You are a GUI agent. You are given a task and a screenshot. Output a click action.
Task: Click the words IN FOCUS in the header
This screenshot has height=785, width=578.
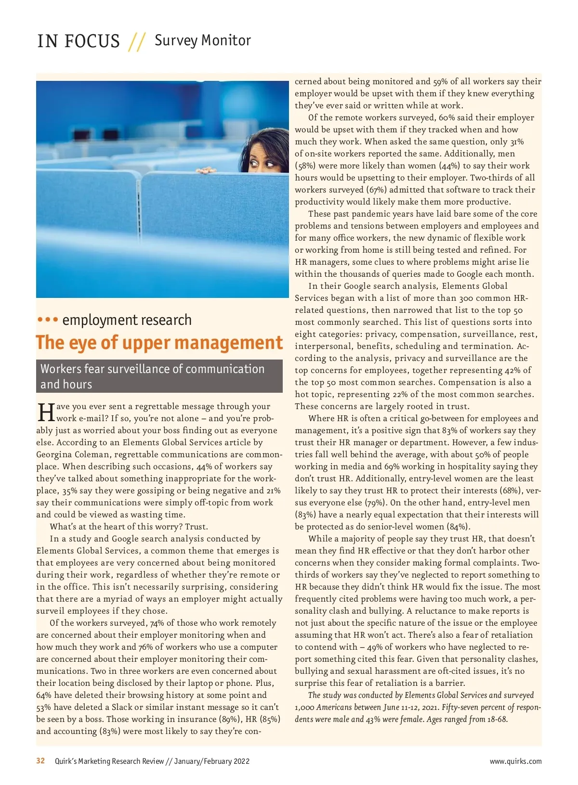click(79, 41)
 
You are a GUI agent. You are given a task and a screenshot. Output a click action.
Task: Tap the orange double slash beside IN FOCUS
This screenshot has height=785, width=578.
click(137, 42)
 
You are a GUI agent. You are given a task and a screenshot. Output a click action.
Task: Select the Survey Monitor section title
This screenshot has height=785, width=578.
click(202, 40)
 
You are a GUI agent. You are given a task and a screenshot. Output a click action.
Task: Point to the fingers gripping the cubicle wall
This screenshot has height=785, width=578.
click(206, 170)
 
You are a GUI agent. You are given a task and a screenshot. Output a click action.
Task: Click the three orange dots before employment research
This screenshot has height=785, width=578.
click(48, 320)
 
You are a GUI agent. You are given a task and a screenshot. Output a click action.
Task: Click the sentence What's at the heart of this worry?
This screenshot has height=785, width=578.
click(129, 527)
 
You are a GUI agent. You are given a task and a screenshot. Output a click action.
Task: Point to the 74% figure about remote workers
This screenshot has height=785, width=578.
click(157, 623)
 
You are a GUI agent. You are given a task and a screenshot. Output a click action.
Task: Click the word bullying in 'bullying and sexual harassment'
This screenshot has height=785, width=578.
click(312, 671)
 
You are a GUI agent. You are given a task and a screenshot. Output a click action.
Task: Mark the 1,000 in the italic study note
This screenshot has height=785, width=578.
click(306, 708)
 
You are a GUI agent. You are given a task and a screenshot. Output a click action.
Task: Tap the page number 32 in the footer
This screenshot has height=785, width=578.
click(40, 761)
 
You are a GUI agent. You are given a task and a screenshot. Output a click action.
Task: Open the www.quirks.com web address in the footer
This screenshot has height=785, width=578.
click(515, 761)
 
